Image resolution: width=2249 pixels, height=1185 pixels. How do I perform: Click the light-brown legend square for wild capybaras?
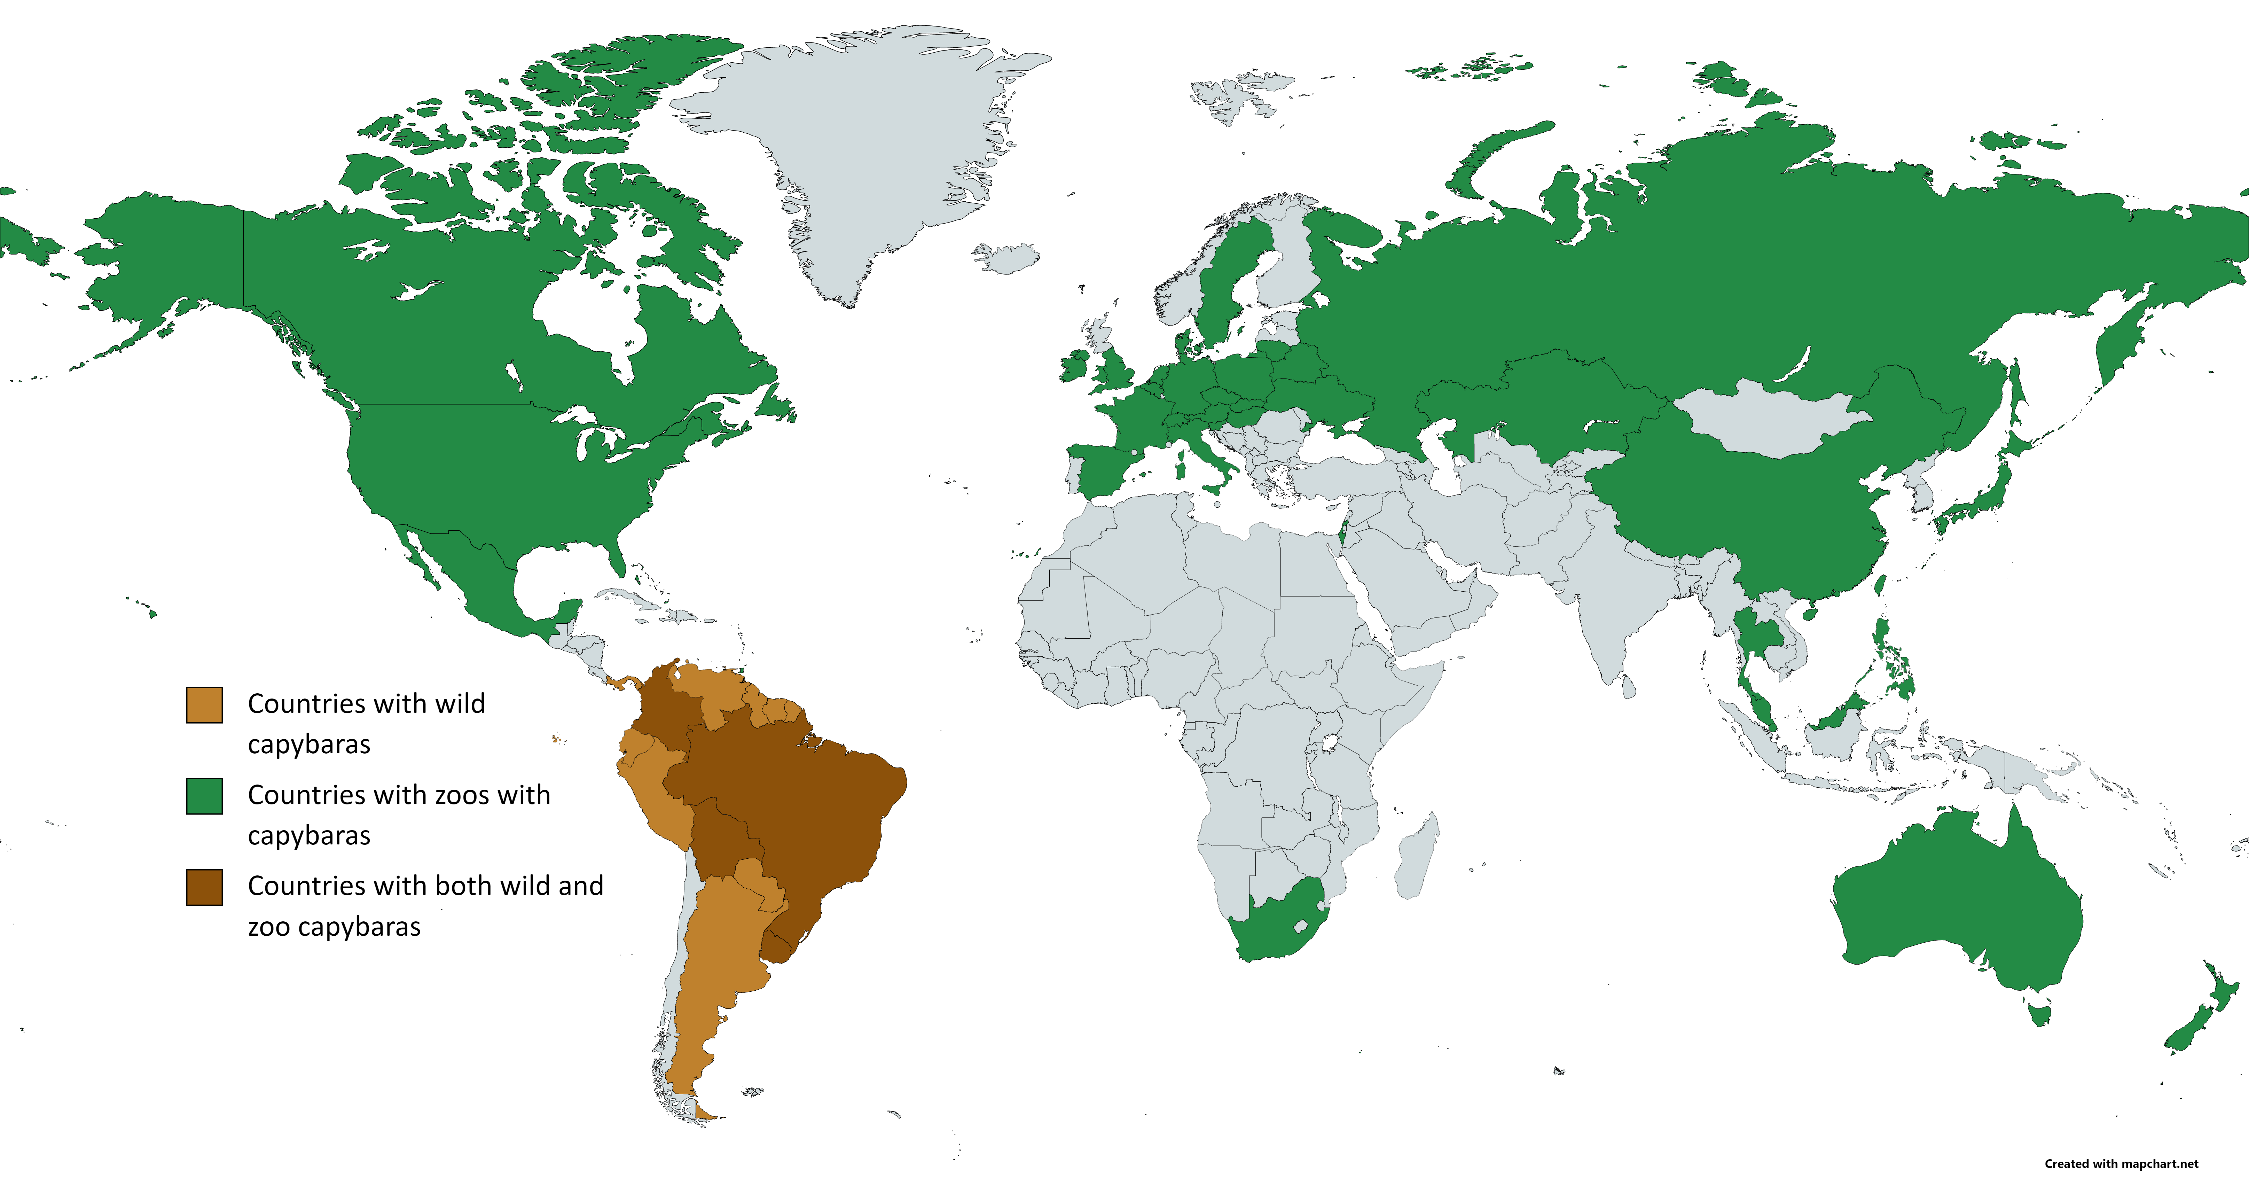click(204, 705)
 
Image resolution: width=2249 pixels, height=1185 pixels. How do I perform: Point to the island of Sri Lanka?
click(1628, 687)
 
